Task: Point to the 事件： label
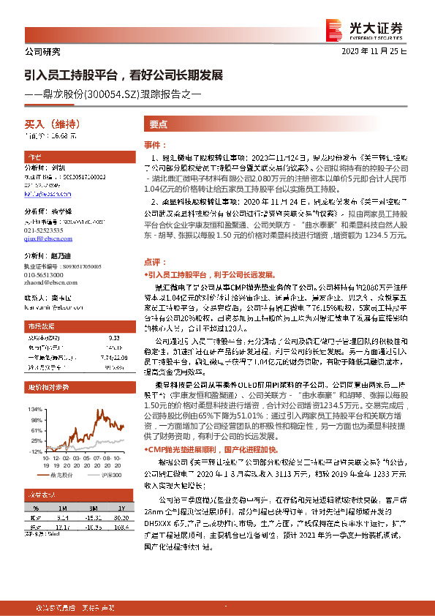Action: tap(155, 145)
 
